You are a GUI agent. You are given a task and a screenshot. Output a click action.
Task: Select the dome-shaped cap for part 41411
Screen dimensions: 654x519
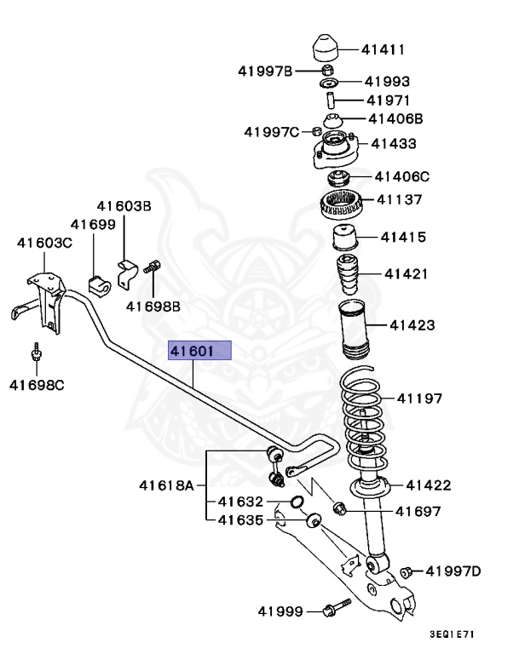pos(327,48)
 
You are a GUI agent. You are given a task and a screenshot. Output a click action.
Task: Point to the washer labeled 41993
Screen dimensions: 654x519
pos(328,83)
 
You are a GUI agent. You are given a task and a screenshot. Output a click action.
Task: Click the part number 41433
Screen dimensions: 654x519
pos(393,144)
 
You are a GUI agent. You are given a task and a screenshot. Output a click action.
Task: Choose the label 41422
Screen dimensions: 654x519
pos(428,485)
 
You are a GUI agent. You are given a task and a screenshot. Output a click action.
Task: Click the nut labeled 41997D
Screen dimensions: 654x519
pos(407,571)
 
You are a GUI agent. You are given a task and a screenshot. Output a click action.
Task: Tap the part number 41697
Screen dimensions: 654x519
pos(418,511)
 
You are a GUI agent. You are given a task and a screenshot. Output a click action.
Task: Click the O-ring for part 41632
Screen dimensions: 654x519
pos(297,502)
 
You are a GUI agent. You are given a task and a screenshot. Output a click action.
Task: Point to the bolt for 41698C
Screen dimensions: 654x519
pos(37,353)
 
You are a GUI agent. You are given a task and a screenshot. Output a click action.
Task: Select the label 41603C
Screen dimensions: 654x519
pos(45,243)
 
